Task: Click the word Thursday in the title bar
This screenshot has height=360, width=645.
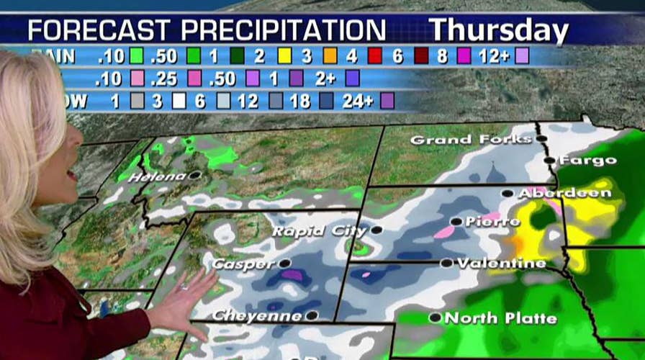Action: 499,31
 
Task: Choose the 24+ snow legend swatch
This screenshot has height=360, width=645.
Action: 387,102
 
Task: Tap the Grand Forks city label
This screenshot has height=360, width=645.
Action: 471,140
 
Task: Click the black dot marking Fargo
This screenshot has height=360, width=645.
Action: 549,160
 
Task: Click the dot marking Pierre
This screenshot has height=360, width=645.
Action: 456,221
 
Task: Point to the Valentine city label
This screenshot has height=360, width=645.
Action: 501,264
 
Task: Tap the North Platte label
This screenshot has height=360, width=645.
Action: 491,318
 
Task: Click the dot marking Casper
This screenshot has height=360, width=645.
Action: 285,264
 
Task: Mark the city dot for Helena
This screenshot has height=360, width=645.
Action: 194,175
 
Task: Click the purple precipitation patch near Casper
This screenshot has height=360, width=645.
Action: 292,274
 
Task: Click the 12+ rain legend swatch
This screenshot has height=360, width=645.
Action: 522,55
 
